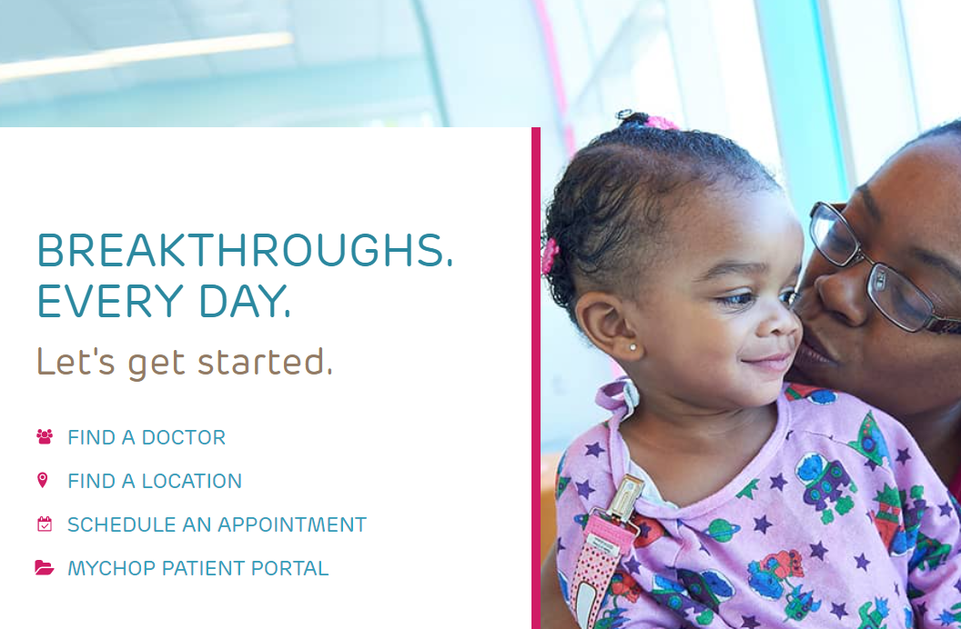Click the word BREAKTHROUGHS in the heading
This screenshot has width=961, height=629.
click(245, 250)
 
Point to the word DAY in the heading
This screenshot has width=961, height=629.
click(245, 301)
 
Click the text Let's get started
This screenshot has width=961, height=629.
click(185, 361)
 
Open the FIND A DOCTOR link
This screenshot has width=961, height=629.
click(147, 437)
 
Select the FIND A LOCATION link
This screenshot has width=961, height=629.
click(155, 481)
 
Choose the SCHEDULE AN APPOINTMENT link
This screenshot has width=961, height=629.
click(217, 524)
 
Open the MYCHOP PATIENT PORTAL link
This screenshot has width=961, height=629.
click(198, 568)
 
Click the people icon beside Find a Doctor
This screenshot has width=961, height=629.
click(44, 436)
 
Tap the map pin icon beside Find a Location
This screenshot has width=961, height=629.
click(42, 480)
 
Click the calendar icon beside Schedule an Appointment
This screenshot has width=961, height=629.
click(44, 524)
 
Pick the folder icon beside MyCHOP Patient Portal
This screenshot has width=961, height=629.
click(44, 567)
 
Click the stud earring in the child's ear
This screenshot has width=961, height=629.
click(633, 347)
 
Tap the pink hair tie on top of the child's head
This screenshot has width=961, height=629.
click(660, 122)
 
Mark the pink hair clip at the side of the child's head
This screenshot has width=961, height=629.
click(550, 255)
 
